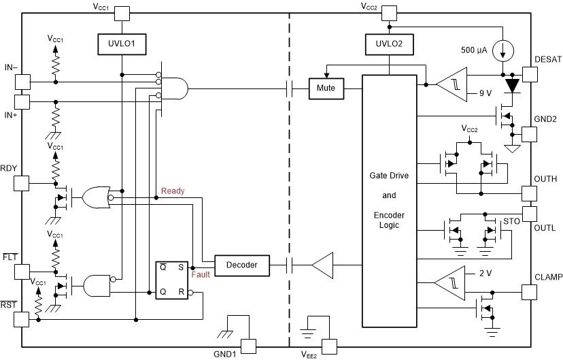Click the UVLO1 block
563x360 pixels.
click(x=121, y=44)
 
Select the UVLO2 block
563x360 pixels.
click(x=388, y=44)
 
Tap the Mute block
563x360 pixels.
click(x=326, y=88)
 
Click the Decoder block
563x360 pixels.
click(x=241, y=264)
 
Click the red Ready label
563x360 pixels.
click(x=173, y=191)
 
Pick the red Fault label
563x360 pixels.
click(x=201, y=274)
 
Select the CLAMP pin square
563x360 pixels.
click(x=530, y=291)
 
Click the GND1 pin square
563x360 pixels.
click(x=249, y=346)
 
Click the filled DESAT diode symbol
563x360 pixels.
click(x=511, y=85)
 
